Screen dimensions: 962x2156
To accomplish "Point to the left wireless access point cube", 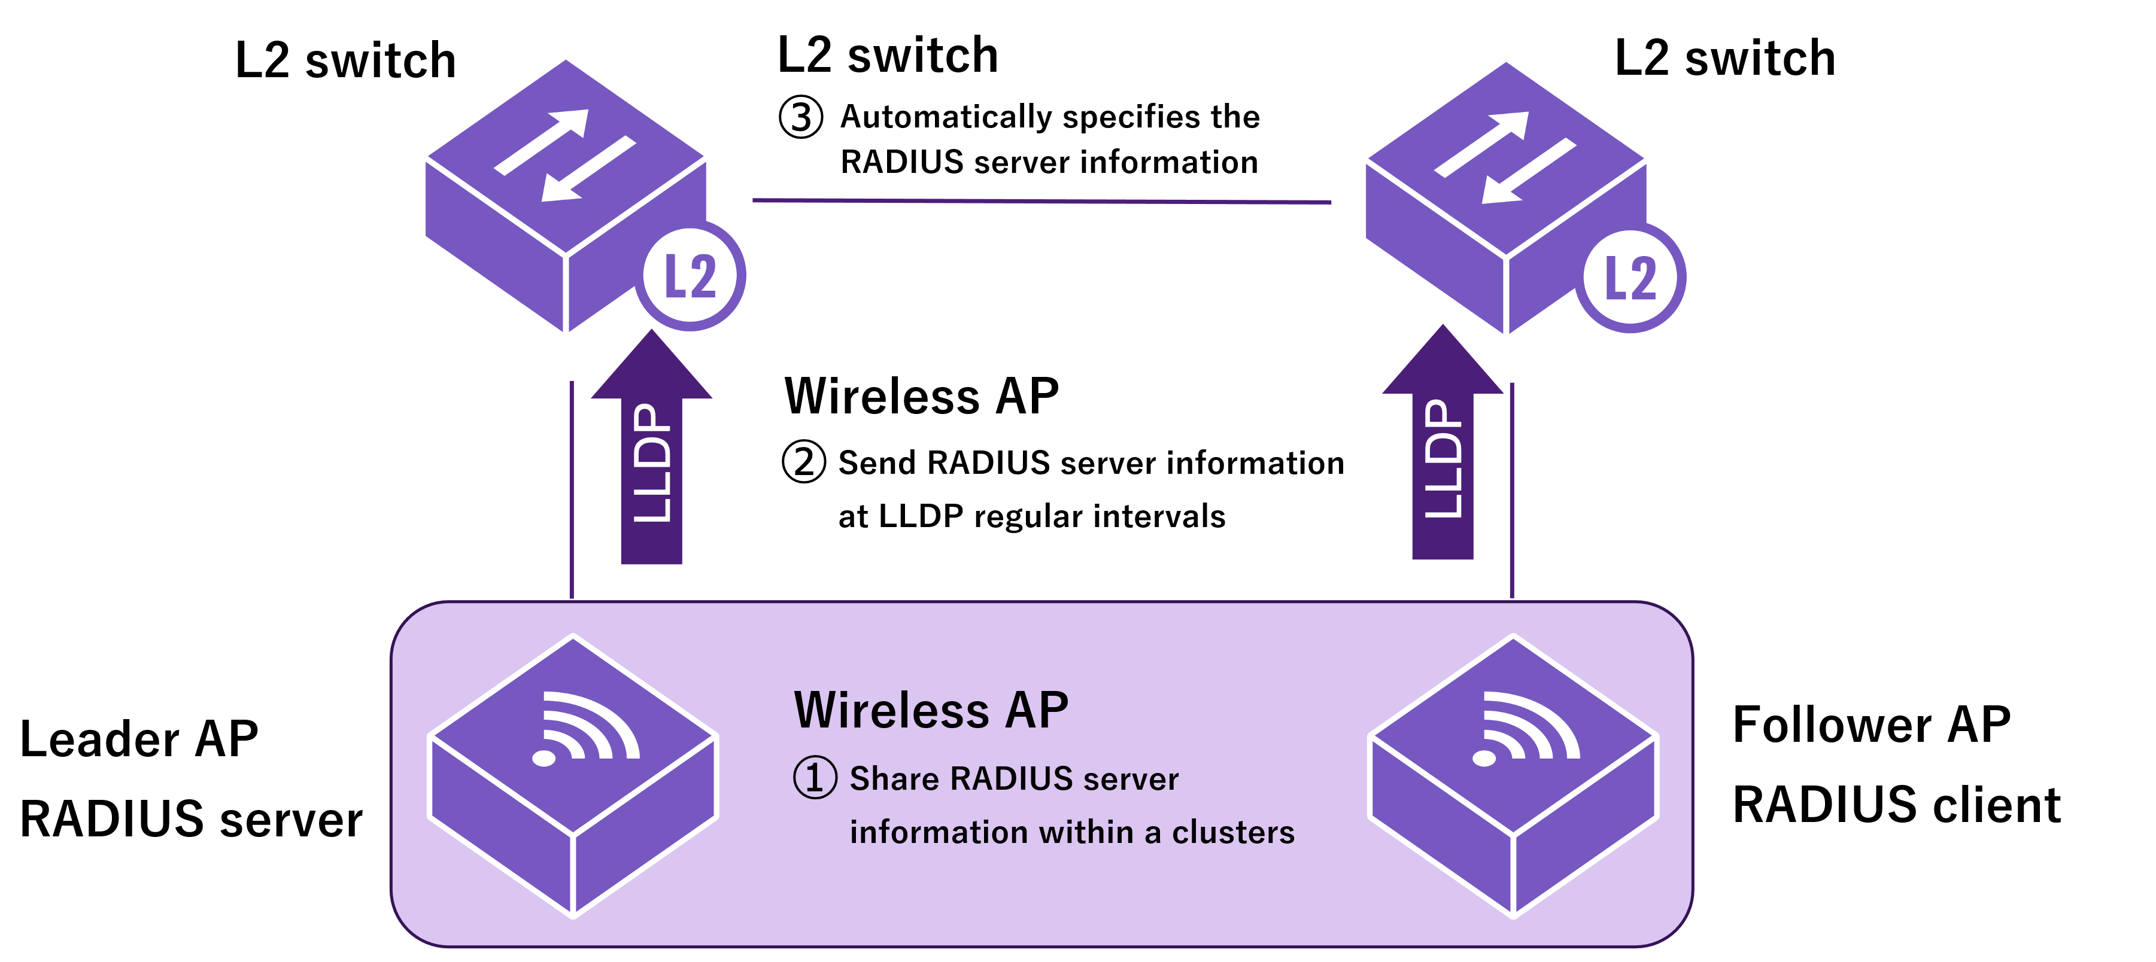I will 573,778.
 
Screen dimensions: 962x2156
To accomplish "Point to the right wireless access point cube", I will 1513,778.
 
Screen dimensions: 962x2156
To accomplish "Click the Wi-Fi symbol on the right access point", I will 1525,727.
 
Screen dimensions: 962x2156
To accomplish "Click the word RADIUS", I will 1011,779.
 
